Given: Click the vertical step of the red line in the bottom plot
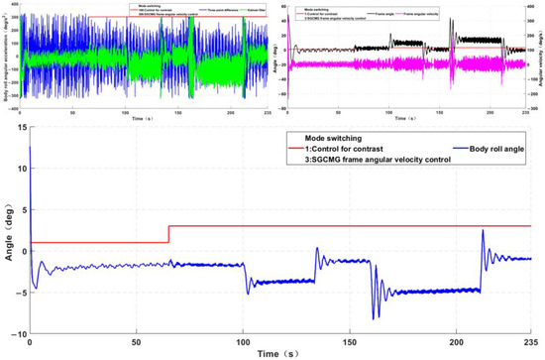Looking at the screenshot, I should (168, 234).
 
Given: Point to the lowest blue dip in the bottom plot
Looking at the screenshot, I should (374, 317).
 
